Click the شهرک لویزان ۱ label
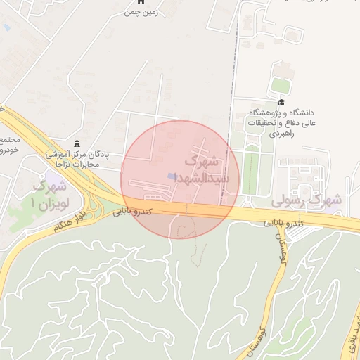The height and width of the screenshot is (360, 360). point(49,195)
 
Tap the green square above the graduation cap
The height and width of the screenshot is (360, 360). point(281,85)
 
